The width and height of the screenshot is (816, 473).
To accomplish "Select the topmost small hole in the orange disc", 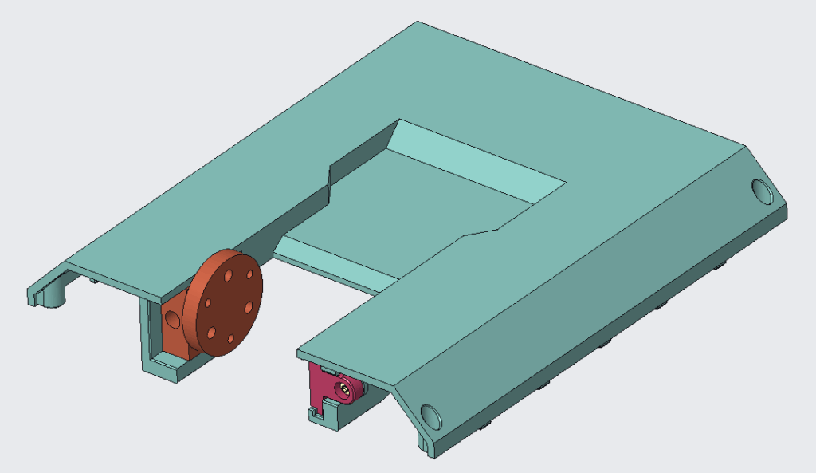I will [229, 274].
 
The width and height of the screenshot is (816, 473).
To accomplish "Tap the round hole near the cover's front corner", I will [430, 416].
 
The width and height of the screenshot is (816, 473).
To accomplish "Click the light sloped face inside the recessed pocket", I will [478, 160].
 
